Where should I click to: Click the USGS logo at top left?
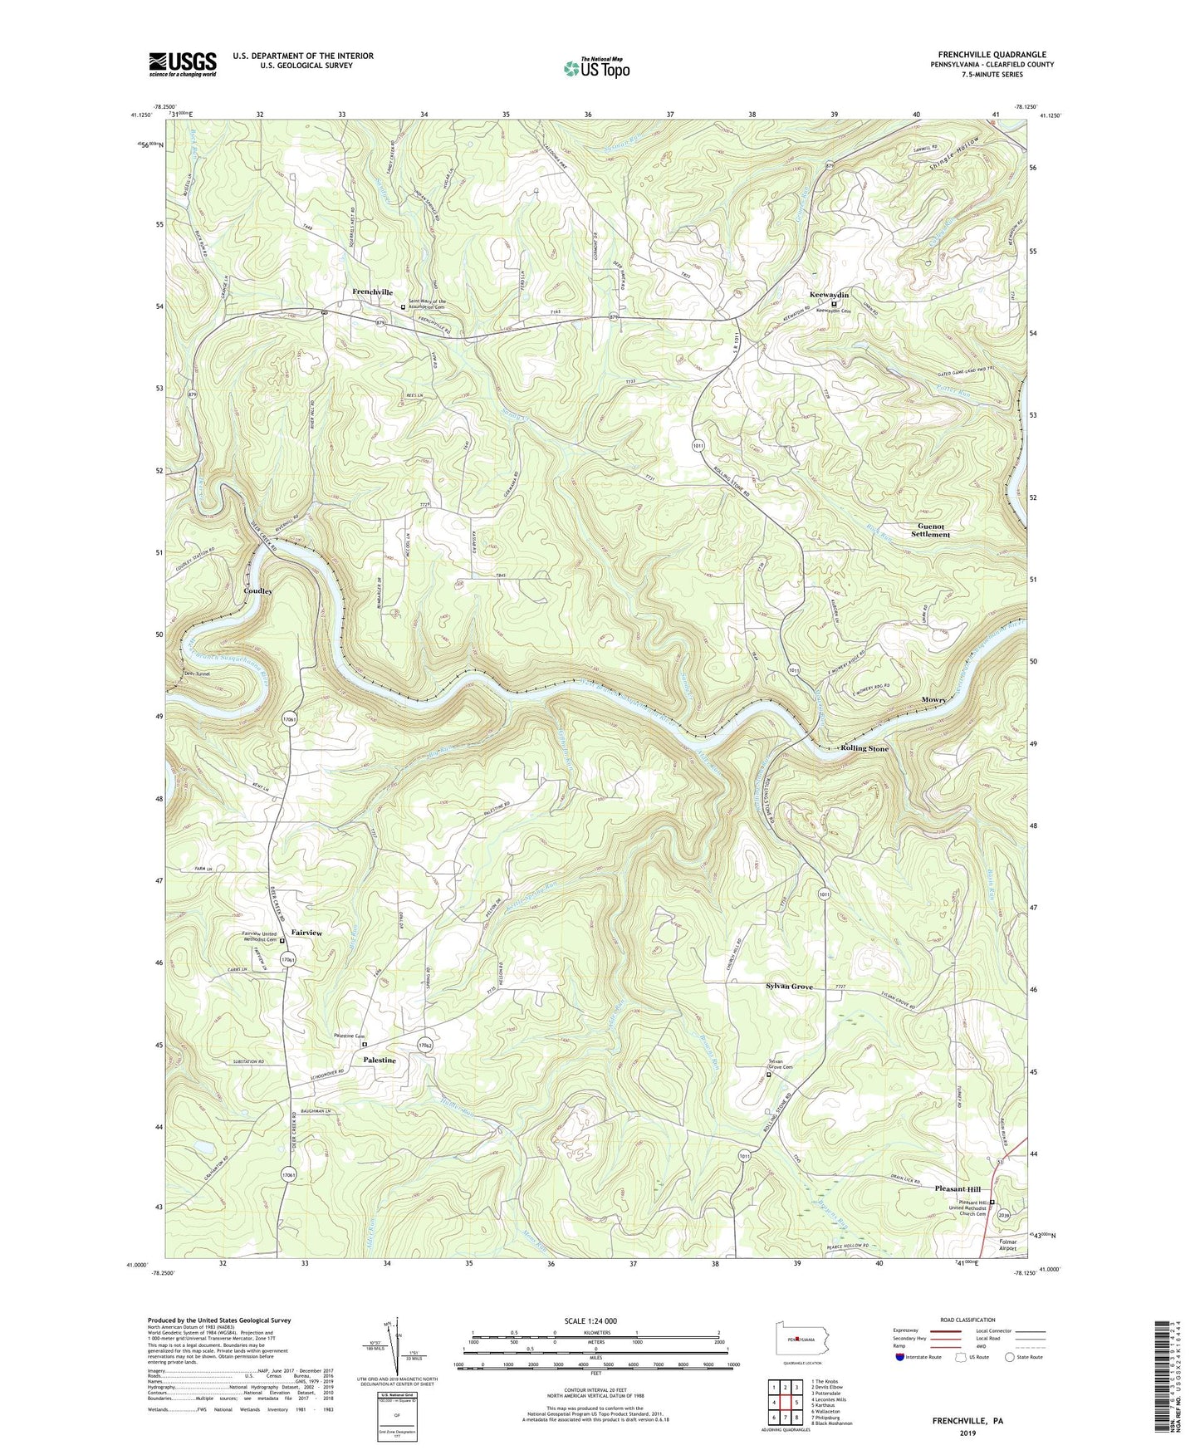pos(183,63)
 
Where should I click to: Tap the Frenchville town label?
pos(372,291)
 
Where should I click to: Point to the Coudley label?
pos(257,590)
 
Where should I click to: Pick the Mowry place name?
pos(933,700)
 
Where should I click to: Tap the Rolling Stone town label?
pos(864,748)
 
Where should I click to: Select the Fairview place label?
pos(306,933)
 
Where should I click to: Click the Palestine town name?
pos(379,1061)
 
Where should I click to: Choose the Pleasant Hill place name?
pos(958,1189)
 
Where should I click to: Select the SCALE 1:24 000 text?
pos(595,1320)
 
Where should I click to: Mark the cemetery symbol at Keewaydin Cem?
pos(835,304)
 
